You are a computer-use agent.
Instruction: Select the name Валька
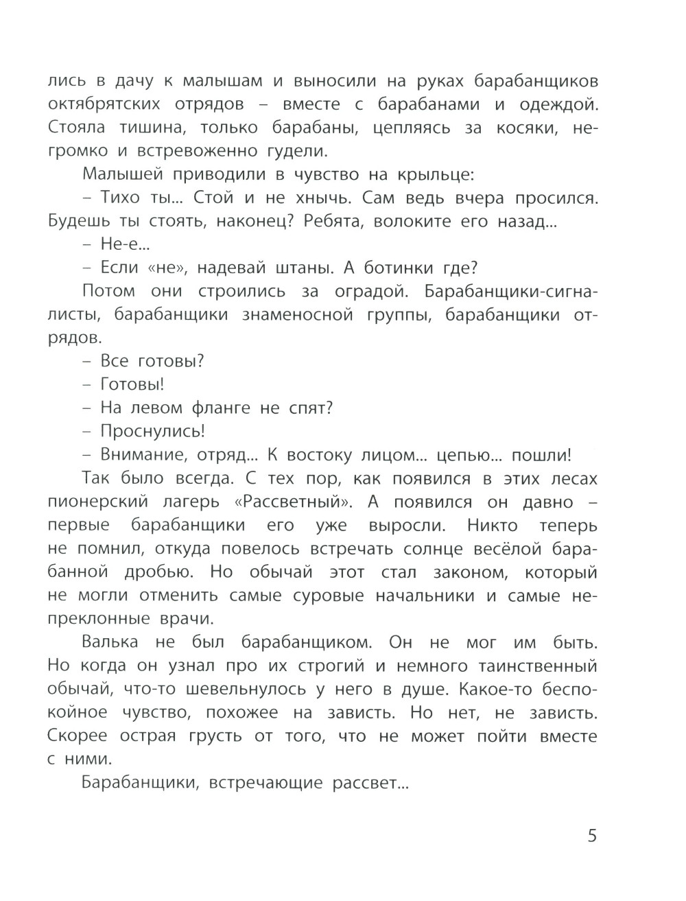(x=110, y=642)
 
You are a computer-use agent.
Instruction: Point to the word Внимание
(x=143, y=455)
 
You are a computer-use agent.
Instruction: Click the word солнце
(x=440, y=548)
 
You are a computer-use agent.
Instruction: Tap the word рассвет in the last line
(x=370, y=782)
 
